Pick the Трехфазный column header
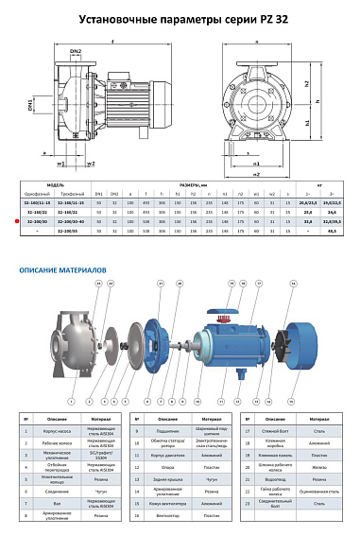(74, 193)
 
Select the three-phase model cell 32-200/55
(74, 230)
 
